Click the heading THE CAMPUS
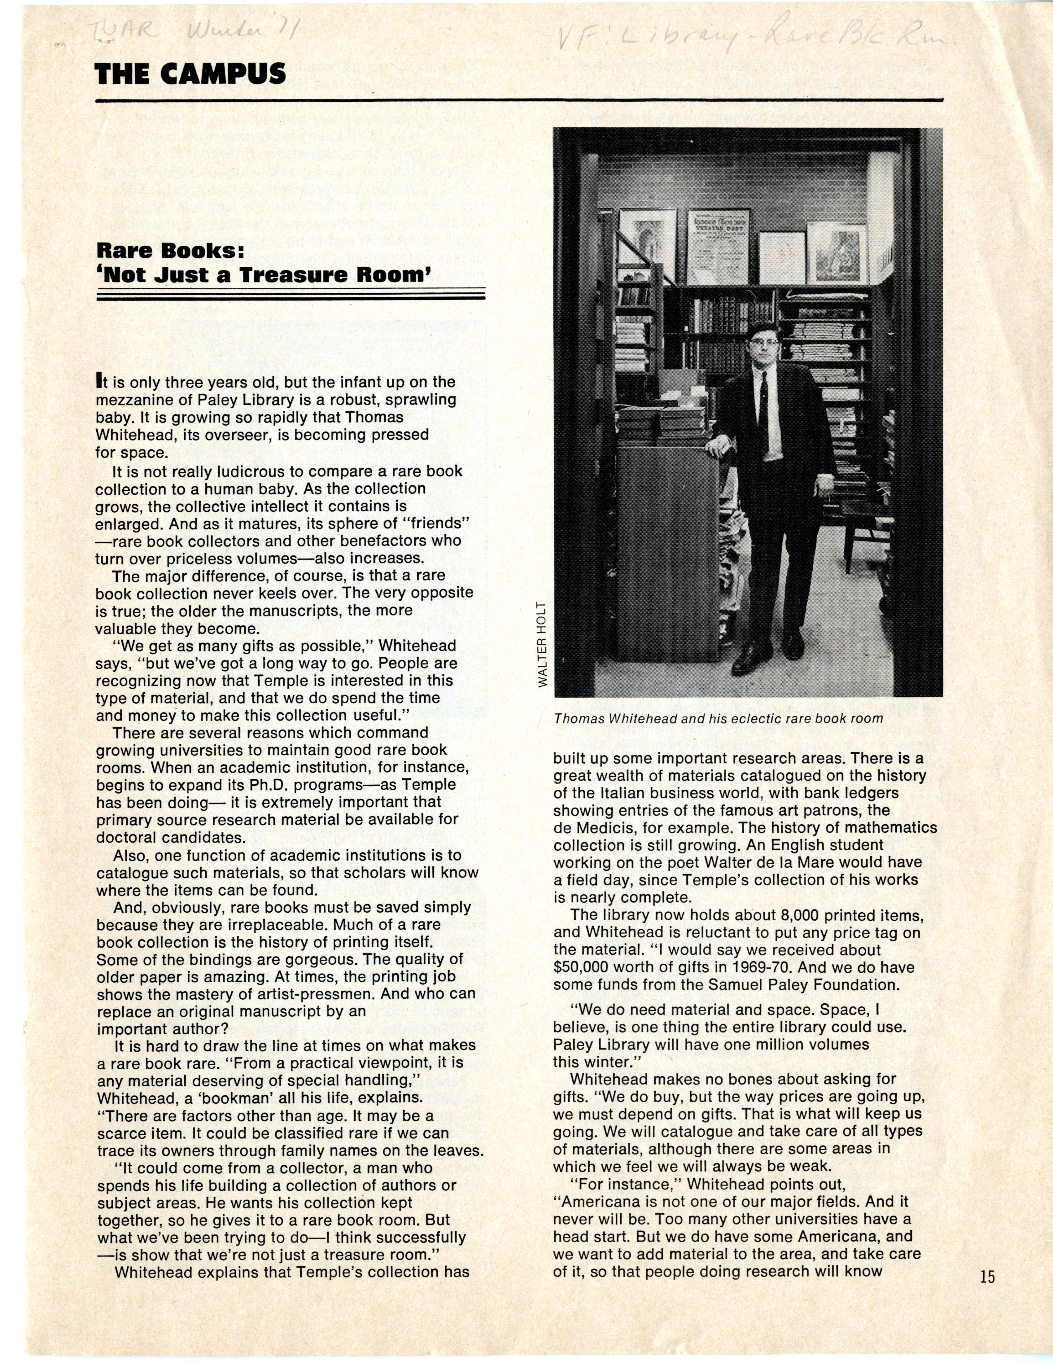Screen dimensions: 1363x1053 pyautogui.click(x=190, y=74)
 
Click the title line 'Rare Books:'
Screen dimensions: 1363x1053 pyautogui.click(x=168, y=251)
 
